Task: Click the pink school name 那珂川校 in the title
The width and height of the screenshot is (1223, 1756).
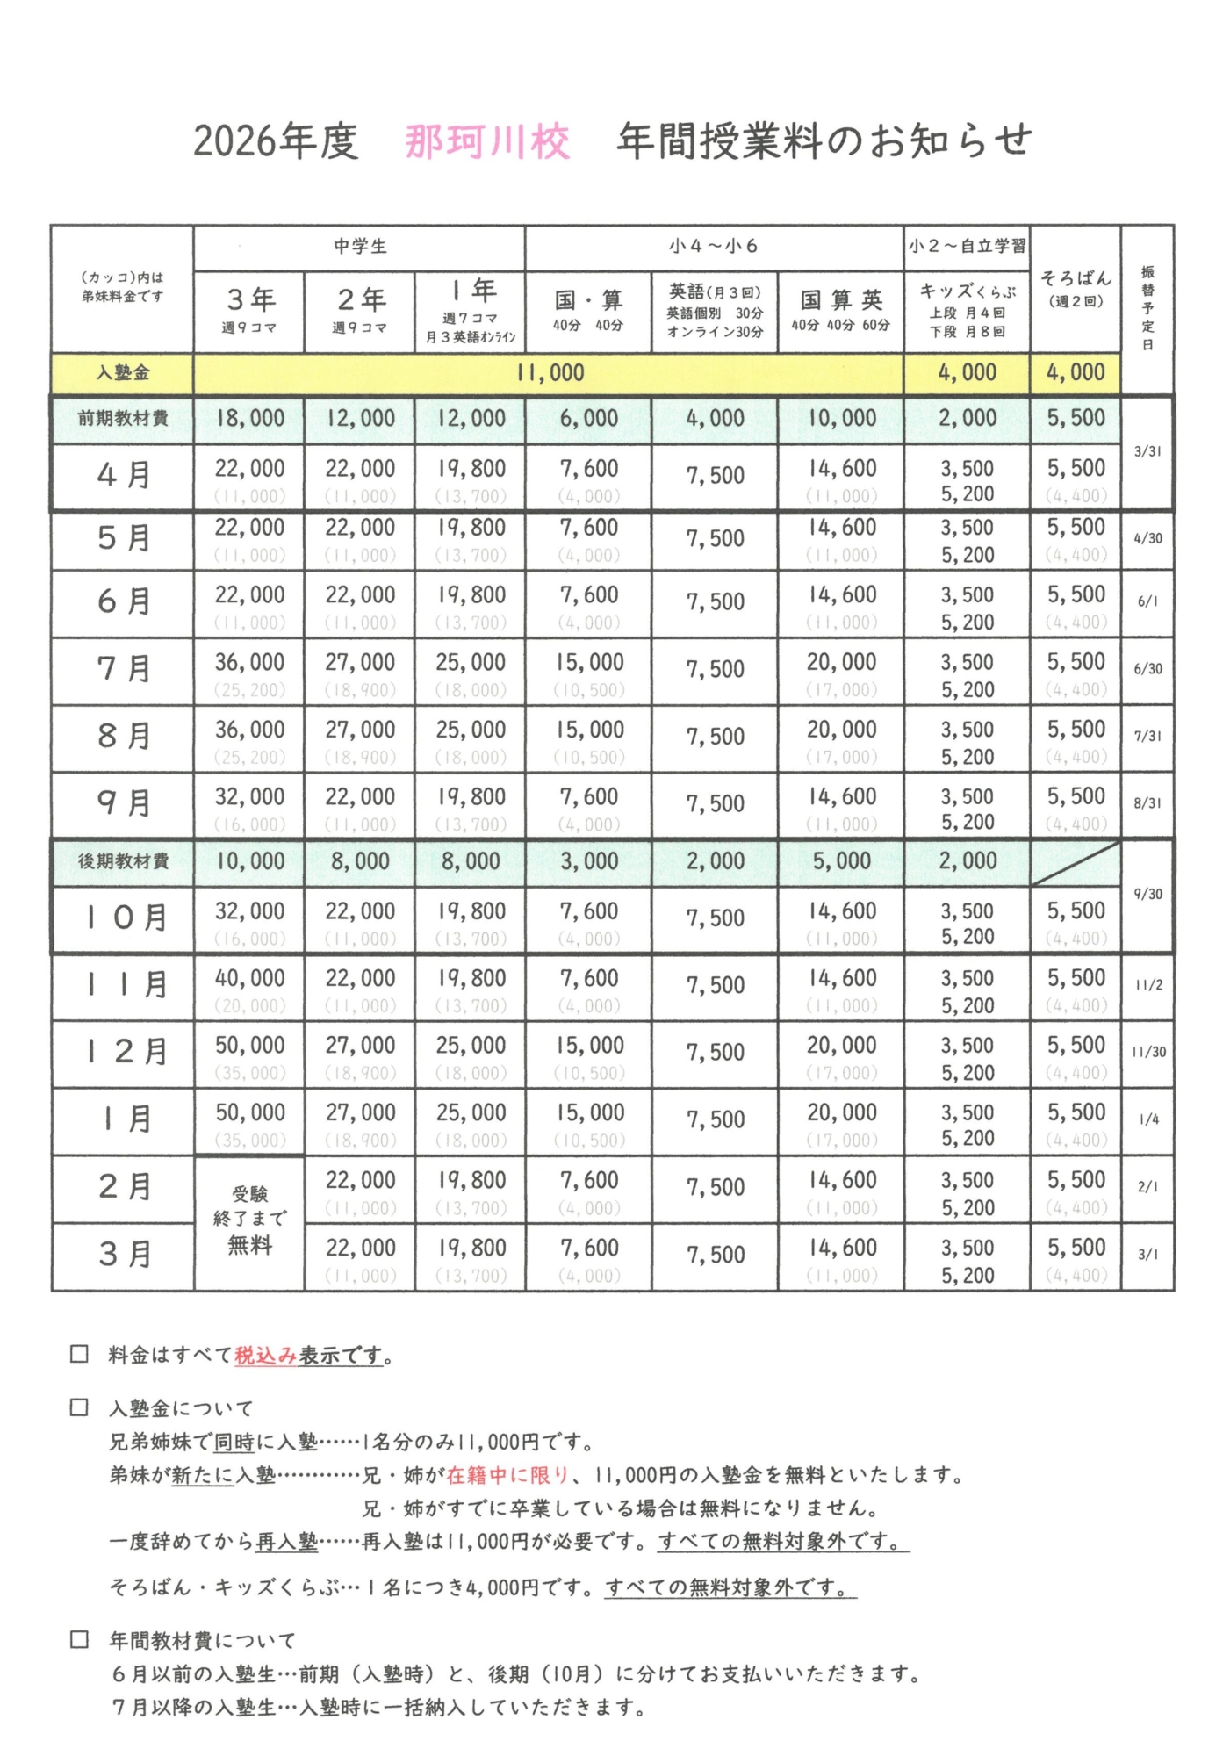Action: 487,141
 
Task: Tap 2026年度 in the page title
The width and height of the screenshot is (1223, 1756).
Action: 276,141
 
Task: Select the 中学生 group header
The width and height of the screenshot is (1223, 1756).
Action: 360,247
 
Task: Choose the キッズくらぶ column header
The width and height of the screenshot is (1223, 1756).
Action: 968,291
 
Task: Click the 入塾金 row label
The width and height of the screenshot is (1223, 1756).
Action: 123,373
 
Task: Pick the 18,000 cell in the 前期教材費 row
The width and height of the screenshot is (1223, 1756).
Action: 250,419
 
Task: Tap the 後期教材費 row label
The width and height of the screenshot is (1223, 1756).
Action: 123,861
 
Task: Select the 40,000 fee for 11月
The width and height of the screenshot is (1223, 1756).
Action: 250,978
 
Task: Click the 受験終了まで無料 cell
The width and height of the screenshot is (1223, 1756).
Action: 250,1220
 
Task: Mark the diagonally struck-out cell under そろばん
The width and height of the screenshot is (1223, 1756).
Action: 1076,863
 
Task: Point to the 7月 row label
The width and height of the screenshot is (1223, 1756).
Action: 123,669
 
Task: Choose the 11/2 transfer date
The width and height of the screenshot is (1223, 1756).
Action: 1148,985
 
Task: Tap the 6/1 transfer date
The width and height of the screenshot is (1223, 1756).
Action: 1148,601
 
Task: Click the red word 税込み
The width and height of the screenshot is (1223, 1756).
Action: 266,1356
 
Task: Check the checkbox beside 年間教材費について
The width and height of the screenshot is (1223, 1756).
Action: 80,1639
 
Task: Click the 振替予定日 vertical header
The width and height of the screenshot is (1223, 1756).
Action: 1147,307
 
